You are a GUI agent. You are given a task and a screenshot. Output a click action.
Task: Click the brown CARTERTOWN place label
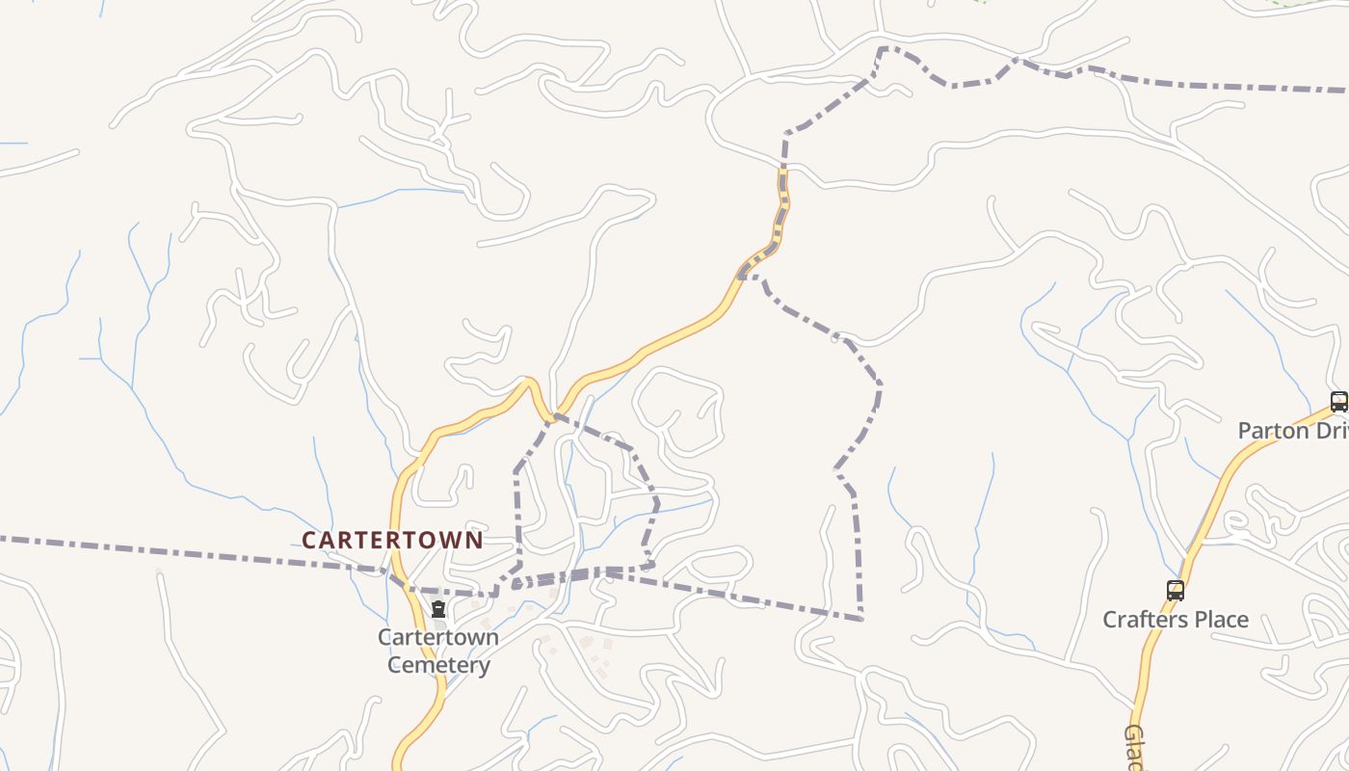tap(392, 541)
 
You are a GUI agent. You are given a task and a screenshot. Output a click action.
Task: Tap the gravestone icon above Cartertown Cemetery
tap(438, 609)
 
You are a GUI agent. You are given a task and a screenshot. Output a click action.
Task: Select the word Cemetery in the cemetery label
tap(438, 665)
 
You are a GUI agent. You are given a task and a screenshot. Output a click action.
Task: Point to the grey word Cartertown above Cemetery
tap(438, 637)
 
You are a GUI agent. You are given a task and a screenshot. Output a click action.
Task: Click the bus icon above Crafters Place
tap(1175, 591)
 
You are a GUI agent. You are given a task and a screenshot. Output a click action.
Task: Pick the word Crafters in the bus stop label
tap(1147, 620)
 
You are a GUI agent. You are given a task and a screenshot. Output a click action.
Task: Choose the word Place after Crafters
tap(1221, 620)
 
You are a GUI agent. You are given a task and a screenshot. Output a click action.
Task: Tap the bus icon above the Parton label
tap(1338, 402)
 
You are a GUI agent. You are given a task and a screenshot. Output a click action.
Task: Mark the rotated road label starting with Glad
tap(1134, 747)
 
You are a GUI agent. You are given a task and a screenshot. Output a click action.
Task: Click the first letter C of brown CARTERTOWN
tap(309, 541)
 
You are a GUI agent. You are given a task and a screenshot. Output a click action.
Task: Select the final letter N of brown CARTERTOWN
tap(474, 541)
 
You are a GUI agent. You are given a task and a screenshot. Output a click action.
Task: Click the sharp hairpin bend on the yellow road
tap(529, 382)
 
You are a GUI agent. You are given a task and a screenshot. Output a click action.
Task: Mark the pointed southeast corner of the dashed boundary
tap(860, 618)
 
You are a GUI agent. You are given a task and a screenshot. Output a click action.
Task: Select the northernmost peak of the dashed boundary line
tap(883, 47)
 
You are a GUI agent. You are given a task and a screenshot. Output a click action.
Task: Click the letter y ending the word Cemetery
tap(484, 667)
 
